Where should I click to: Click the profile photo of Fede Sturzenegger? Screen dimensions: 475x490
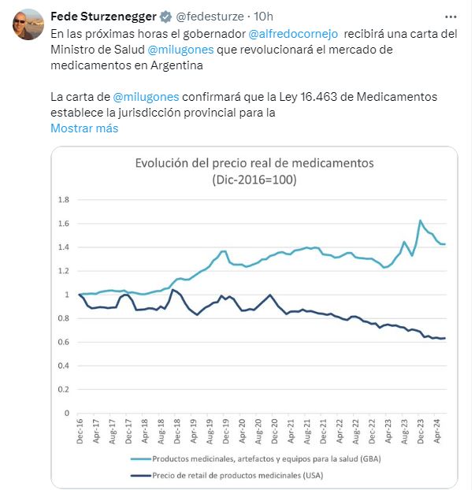28,24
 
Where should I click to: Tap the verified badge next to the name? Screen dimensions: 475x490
165,17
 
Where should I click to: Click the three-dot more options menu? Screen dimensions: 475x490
451,17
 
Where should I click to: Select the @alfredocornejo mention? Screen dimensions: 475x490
293,34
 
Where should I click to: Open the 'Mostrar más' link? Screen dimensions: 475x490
84,128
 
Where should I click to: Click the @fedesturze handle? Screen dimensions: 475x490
210,17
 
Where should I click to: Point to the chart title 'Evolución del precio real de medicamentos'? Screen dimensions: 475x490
254,163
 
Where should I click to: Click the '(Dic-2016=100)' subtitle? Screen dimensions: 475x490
254,180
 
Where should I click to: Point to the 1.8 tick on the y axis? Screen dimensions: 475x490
64,199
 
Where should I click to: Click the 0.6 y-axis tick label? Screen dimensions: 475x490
64,342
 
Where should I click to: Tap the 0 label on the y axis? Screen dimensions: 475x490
66,413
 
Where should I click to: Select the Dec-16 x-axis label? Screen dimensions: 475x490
80,431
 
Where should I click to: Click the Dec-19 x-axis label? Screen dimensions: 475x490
225,431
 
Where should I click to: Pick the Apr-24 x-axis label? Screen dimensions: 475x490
436,431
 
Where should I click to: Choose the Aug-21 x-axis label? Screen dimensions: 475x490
307,431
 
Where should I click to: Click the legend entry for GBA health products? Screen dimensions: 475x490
256,459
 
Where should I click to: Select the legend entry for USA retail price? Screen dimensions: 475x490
227,476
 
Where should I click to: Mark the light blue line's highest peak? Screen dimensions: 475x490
421,221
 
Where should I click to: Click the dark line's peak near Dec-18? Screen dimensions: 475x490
173,290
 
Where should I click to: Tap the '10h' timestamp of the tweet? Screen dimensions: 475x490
263,17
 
